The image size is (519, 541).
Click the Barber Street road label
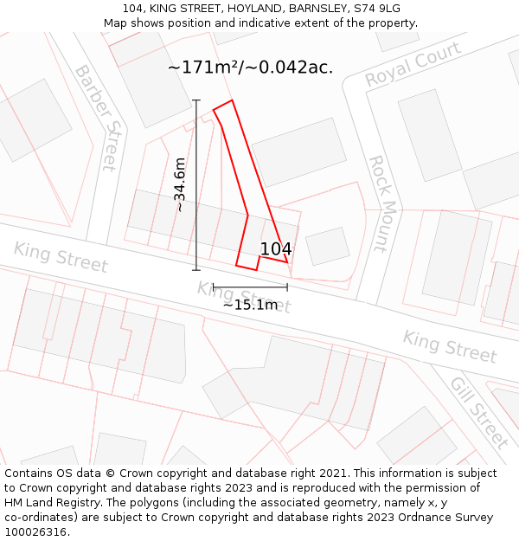pyautogui.click(x=97, y=118)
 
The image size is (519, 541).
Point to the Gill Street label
pyautogui.click(x=479, y=412)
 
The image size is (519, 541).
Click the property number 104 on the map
pyautogui.click(x=276, y=249)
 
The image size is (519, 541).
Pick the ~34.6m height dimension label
pyautogui.click(x=179, y=184)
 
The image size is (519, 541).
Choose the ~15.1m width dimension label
pyautogui.click(x=250, y=304)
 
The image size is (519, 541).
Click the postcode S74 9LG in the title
pyautogui.click(x=371, y=9)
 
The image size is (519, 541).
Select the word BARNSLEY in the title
pyautogui.click(x=307, y=9)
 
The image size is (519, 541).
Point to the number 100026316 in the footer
pyautogui.click(x=35, y=531)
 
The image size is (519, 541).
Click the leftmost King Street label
pyautogui.click(x=61, y=257)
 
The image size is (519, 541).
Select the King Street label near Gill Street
pyautogui.click(x=450, y=346)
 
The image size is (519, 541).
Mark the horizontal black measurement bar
pyautogui.click(x=250, y=287)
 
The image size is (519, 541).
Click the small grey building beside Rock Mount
pyautogui.click(x=328, y=246)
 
